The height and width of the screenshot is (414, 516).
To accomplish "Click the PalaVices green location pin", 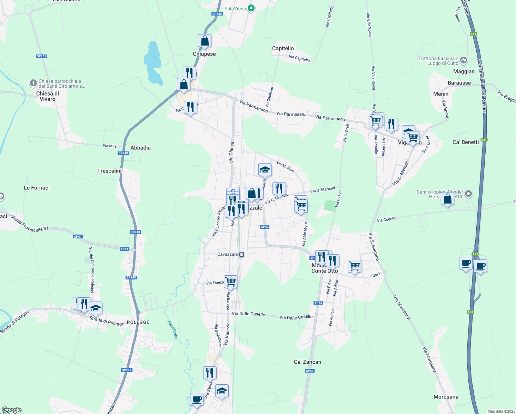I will point(251,8).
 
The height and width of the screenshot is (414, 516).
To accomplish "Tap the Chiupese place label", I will point(204,54).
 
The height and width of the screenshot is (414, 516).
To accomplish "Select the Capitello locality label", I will point(283,48).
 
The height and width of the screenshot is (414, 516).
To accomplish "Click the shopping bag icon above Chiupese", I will point(205,41).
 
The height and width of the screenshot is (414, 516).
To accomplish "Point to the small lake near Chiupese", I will point(153,64).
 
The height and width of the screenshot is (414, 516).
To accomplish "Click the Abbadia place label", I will point(140,148).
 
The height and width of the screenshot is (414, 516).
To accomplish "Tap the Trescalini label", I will point(109,171).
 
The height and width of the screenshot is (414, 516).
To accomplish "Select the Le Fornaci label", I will point(37,188).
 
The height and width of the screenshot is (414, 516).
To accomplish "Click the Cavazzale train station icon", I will point(241,255).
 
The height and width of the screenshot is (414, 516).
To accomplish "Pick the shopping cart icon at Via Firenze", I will point(230,282).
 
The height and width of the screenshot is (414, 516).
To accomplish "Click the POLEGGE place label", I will point(138,322).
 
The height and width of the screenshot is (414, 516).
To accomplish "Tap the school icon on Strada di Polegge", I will point(96,308).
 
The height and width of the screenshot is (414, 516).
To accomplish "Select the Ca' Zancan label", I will point(307,362).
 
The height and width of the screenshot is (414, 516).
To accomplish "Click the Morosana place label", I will point(446,397).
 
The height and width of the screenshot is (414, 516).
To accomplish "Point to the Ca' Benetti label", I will point(465,142).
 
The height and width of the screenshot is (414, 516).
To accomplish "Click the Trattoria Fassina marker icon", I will point(464,60).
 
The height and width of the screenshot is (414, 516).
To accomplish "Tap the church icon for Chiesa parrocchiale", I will point(33,83).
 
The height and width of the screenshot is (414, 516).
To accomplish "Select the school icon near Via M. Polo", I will point(265,169).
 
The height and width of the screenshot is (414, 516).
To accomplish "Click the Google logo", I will point(11,410).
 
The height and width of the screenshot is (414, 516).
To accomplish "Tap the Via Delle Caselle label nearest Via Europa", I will point(248,314).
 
